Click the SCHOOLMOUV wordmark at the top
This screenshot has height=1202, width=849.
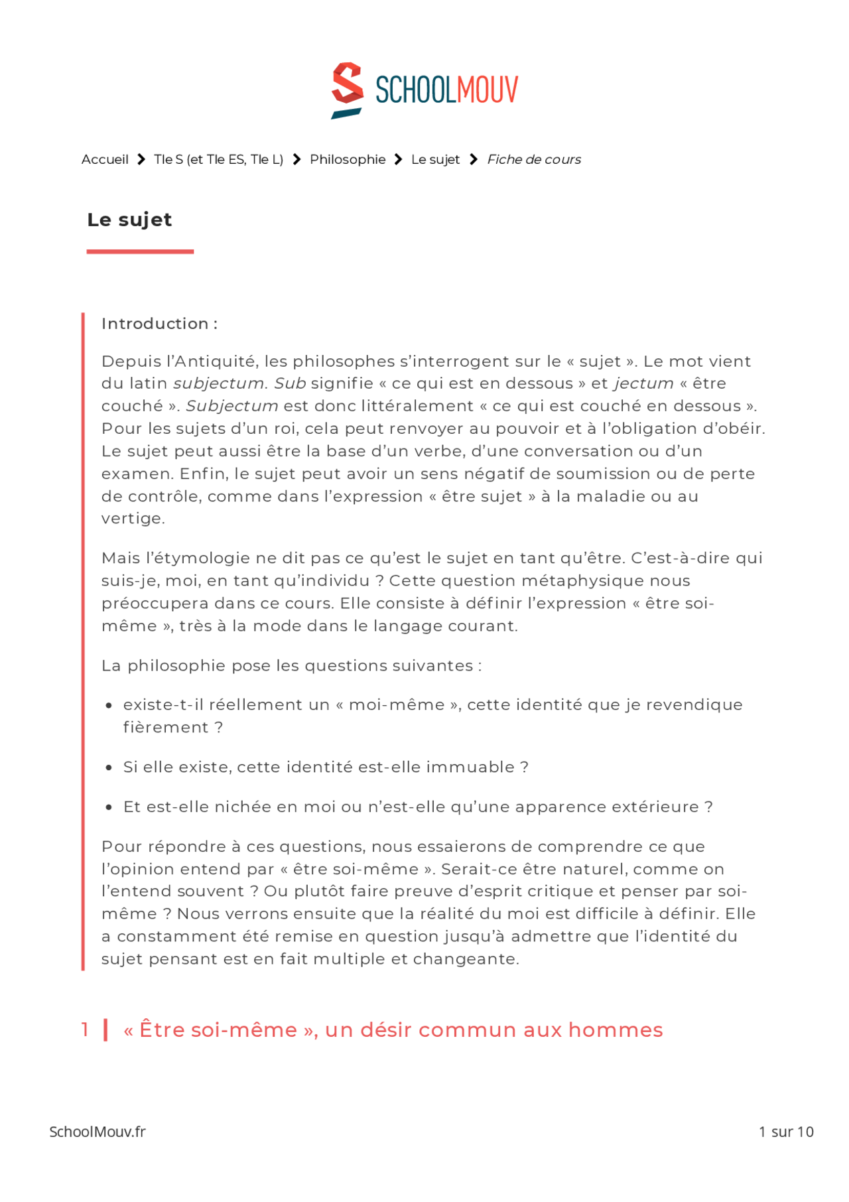(446, 90)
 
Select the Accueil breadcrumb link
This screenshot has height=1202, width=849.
(105, 159)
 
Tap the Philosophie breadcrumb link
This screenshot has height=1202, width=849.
(348, 159)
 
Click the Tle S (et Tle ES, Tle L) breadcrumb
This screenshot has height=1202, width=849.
(218, 159)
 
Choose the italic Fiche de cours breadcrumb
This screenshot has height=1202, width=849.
(534, 159)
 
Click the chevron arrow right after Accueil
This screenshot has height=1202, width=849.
(141, 159)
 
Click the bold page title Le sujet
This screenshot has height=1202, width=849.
(129, 220)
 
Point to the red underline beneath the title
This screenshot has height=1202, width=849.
(140, 251)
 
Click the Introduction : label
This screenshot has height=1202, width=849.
(159, 324)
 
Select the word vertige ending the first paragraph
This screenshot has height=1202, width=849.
(132, 519)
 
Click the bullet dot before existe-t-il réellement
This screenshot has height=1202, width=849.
(109, 706)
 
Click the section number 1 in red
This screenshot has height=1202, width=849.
(85, 1030)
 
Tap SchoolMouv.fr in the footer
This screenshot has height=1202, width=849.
(98, 1132)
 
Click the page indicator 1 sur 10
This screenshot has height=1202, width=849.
(786, 1132)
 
